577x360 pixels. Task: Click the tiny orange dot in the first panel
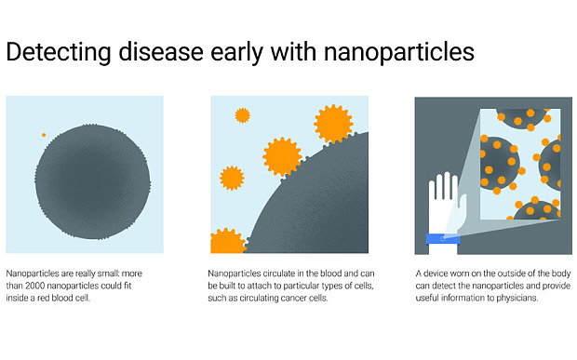(x=43, y=135)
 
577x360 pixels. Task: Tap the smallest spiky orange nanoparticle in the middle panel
(x=243, y=115)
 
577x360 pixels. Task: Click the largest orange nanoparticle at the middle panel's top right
(x=332, y=123)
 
